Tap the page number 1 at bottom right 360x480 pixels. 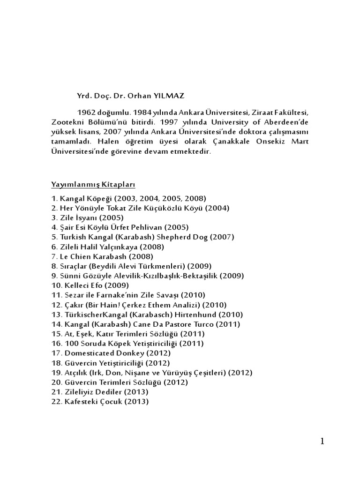(x=322, y=441)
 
